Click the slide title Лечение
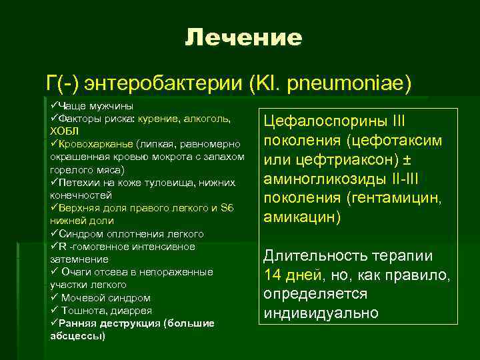click(x=243, y=37)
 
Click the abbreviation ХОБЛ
click(x=64, y=131)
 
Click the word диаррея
click(x=129, y=311)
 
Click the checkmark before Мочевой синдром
click(x=55, y=298)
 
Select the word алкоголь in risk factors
click(x=207, y=119)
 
